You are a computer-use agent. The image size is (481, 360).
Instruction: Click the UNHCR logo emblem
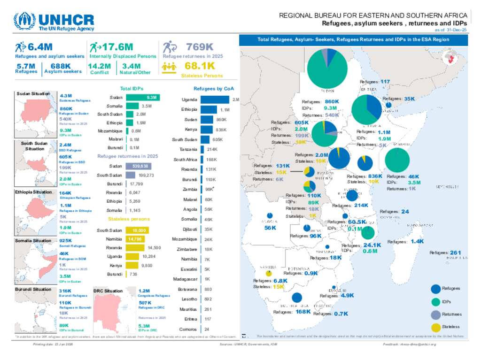coord(24,21)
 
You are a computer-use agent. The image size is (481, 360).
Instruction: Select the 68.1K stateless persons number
coord(200,66)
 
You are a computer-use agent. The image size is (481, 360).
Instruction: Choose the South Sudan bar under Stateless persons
coord(138,230)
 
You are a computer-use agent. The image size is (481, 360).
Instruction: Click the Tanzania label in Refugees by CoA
coord(188,149)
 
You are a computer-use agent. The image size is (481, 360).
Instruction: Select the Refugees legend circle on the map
coord(435,289)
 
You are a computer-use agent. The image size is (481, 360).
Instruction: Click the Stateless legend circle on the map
coord(435,327)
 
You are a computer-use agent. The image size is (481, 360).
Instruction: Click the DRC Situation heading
coord(108,291)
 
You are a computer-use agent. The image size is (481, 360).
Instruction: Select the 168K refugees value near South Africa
coord(303,312)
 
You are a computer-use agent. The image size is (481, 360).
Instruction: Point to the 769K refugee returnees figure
coord(200,47)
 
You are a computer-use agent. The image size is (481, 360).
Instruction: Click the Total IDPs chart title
coord(132,88)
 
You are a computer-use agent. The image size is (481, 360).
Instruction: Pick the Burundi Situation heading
coord(33,289)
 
